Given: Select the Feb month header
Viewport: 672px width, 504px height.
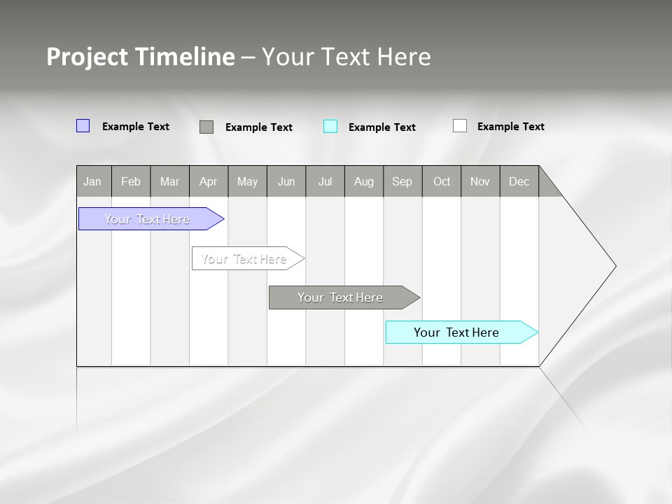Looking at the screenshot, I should point(131,181).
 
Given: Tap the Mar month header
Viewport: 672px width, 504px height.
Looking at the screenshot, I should point(169,181).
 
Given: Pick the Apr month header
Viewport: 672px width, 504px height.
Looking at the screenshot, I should point(209,181).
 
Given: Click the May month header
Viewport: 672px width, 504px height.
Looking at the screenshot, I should point(247,181).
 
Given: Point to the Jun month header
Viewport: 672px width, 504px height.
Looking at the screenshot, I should point(286,181).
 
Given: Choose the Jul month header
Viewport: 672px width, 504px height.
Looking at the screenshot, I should point(325,181).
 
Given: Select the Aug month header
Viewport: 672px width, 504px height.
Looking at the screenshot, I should point(364,181).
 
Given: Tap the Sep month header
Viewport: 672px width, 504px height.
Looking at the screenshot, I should point(402,181).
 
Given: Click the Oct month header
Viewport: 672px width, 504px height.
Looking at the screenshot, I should point(442,181).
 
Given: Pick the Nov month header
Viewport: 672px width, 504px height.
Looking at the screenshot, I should point(480,181).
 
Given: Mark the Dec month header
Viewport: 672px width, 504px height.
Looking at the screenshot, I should point(519,181).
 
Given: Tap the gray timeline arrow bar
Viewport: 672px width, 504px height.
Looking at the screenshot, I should point(341,297).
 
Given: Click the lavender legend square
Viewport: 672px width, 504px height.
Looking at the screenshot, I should point(83,126).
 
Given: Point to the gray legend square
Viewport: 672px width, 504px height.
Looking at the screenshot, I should point(206,127).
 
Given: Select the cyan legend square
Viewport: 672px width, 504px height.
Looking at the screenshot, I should point(330,126).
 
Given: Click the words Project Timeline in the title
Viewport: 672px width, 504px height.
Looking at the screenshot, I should point(141,57).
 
